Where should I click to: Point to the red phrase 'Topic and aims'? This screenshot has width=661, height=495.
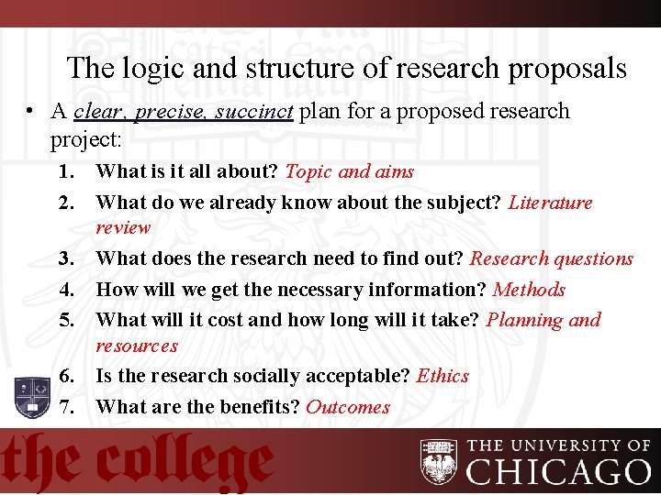tap(350, 171)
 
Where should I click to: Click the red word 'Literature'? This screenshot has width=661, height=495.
tap(550, 203)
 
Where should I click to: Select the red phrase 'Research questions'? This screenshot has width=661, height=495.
tap(552, 258)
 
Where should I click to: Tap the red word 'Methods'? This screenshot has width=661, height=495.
tap(529, 290)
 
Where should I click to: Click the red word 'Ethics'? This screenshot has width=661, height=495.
tap(443, 376)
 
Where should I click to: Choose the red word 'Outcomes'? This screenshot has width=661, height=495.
tap(348, 407)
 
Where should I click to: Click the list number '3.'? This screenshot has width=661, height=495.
tap(66, 258)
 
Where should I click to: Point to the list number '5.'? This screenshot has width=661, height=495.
tap(66, 320)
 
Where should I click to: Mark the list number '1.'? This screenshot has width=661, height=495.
tap(66, 171)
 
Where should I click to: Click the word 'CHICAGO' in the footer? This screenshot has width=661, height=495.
tap(558, 472)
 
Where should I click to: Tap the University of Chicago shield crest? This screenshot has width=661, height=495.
tap(439, 461)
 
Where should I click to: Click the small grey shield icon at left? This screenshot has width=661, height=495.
tap(31, 397)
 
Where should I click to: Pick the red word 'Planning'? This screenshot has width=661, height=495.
tap(525, 320)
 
